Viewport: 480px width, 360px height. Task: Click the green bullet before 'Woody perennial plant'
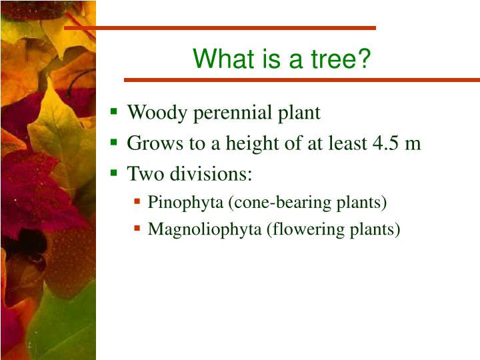[115, 112]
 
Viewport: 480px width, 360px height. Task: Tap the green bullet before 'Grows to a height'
[115, 143]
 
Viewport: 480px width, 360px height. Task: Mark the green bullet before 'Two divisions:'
[115, 173]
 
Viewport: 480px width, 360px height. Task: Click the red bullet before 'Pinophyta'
[137, 201]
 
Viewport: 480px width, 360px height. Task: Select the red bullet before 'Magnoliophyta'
[137, 229]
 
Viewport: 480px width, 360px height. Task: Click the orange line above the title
[220, 28]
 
